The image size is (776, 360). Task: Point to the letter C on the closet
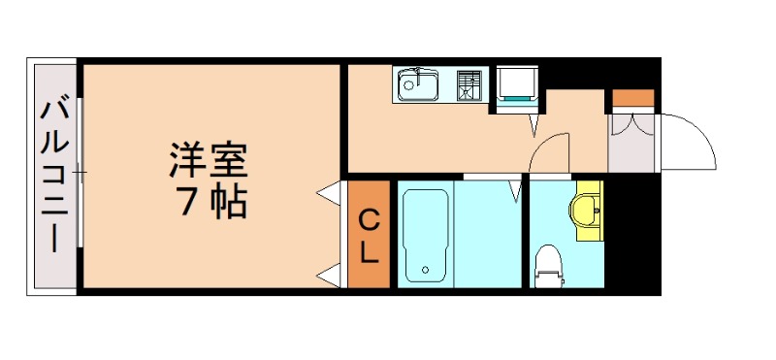[370, 220]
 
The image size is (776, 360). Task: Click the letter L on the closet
[370, 254]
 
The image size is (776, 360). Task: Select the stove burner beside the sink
[469, 84]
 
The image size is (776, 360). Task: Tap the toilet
[548, 264]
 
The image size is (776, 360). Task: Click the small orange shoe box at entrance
[632, 99]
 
